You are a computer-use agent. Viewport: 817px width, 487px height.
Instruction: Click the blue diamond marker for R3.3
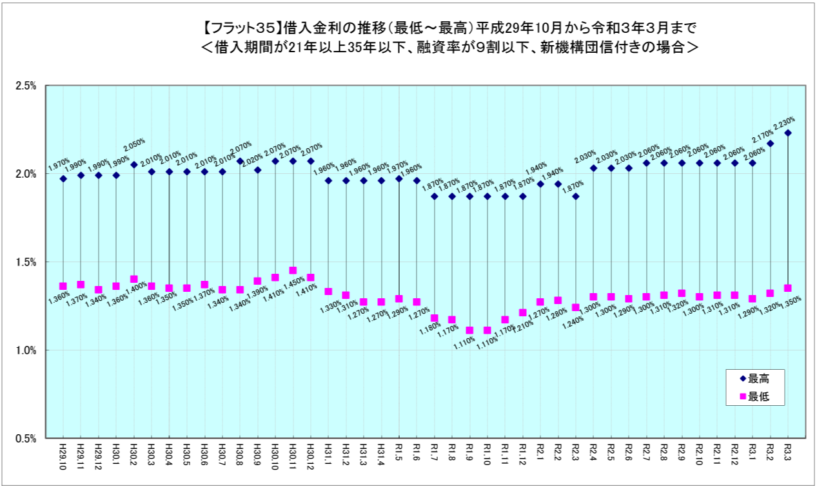point(787,133)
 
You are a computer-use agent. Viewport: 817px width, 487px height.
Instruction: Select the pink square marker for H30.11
point(293,271)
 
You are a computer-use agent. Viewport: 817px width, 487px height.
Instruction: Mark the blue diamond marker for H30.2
point(134,165)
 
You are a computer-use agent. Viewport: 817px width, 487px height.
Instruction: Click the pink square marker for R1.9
point(469,330)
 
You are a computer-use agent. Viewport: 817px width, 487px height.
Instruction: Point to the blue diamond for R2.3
point(575,196)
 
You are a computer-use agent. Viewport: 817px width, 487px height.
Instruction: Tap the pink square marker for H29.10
point(63,286)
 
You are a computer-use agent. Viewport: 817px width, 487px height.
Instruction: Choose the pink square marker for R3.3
point(787,288)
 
